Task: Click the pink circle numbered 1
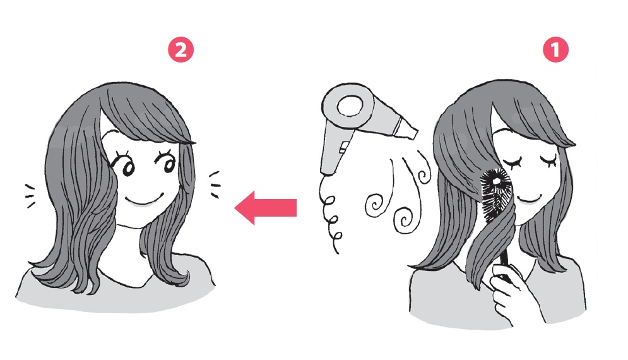tap(555, 50)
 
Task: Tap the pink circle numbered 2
tap(181, 50)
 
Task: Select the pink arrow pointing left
tap(266, 208)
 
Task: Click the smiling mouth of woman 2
tap(143, 200)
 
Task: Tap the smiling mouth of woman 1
tap(527, 198)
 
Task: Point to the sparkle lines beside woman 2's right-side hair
tap(214, 184)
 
